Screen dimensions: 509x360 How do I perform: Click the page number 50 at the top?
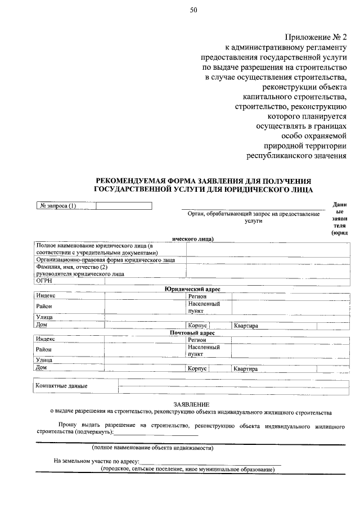click(193, 10)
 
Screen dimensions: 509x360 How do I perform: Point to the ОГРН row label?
click(44, 281)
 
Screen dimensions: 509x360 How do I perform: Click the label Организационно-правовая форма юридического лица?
click(106, 260)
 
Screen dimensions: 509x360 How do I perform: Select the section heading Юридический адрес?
click(192, 289)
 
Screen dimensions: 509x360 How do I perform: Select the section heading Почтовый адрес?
click(192, 333)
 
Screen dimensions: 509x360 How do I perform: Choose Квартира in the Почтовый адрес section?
click(246, 369)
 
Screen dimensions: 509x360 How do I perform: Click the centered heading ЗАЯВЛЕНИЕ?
click(191, 404)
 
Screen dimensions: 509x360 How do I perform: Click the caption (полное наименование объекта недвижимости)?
click(152, 448)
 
